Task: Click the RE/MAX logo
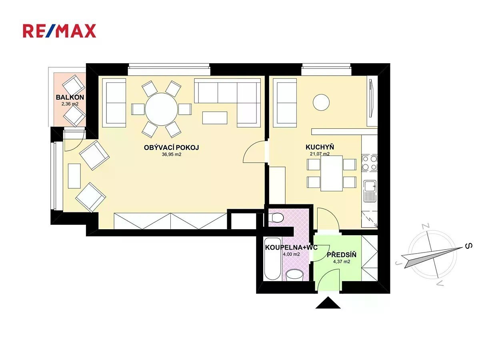(59, 31)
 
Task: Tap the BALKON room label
(70, 97)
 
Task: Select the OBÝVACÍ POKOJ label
(172, 148)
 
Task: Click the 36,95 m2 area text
(172, 154)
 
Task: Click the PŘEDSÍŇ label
(342, 255)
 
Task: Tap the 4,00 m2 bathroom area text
(291, 254)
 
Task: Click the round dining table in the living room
(161, 109)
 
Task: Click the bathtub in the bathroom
(272, 259)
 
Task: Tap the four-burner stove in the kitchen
(369, 163)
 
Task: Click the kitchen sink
(370, 191)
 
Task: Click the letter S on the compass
(468, 246)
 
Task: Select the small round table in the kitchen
(321, 102)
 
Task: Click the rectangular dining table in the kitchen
(332, 173)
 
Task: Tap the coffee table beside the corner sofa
(215, 118)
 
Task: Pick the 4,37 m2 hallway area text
(342, 262)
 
